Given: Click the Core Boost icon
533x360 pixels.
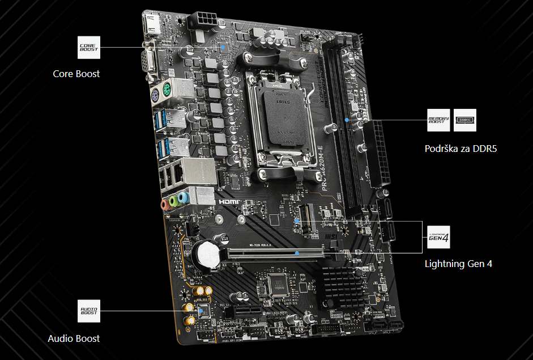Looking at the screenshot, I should coord(88,47).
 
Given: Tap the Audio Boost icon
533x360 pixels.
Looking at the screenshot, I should coord(88,310).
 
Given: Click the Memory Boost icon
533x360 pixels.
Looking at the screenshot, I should coord(438,120).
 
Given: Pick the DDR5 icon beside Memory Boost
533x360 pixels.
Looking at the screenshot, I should coord(465,120).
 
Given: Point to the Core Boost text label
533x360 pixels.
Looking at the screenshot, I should coord(76,74).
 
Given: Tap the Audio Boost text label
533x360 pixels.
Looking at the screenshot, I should coord(74,338).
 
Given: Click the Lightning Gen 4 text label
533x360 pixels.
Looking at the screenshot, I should coord(458,264).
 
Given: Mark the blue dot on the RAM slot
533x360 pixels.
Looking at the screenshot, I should coord(347,120).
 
